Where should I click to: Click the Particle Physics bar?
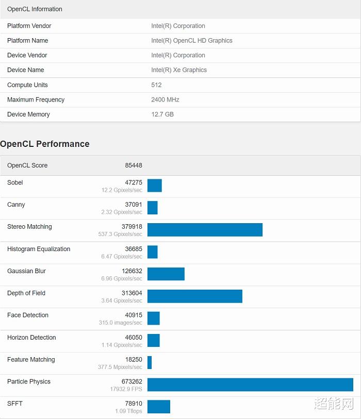[250, 384]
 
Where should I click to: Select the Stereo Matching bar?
[205, 230]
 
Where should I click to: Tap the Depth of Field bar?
[194, 296]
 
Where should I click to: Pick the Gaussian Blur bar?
[166, 274]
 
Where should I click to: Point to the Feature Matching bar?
[150, 362]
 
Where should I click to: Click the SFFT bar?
[158, 407]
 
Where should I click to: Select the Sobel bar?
[154, 186]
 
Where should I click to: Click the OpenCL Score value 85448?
[134, 165]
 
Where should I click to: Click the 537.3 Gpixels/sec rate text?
[122, 234]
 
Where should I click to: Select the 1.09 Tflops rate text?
[128, 411]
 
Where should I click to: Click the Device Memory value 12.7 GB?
[162, 114]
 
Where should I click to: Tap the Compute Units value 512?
[156, 85]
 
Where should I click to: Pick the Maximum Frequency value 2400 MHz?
[165, 99]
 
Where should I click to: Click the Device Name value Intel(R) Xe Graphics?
[179, 70]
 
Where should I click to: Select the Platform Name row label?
[28, 41]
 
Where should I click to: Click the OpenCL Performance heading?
[45, 144]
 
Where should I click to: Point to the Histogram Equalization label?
[39, 249]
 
